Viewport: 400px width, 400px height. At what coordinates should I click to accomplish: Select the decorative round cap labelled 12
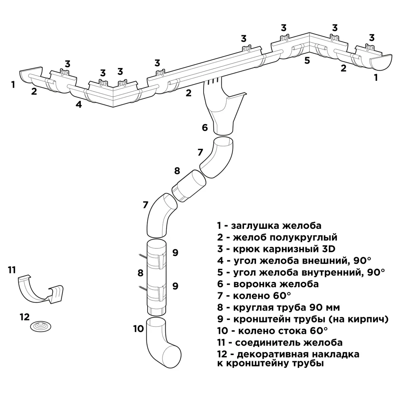pos(41,326)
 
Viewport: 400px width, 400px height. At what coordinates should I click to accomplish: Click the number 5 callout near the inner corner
pos(307,61)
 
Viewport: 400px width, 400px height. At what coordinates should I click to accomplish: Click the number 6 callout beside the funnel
pos(205,128)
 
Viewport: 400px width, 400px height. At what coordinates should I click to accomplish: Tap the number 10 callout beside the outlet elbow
pos(138,329)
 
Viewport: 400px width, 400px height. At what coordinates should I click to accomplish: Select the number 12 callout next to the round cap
pos(24,317)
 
